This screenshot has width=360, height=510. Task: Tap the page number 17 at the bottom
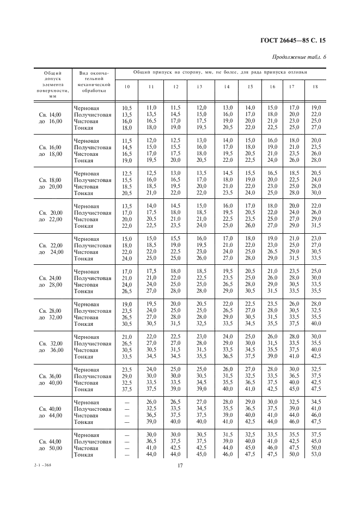pos(180,465)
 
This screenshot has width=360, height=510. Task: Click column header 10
pos(127,87)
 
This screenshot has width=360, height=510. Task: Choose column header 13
pos(200,87)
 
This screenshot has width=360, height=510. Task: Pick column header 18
pos(315,87)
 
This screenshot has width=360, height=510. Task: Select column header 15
pos(249,87)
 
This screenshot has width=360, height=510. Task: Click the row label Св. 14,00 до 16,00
pos(50,118)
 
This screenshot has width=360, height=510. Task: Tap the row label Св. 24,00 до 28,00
pos(50,281)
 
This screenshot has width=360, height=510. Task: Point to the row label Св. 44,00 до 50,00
pos(50,445)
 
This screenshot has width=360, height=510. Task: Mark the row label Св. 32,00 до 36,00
pos(50,347)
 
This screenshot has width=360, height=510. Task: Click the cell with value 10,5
pos(127,108)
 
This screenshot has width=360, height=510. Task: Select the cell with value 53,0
pos(315,454)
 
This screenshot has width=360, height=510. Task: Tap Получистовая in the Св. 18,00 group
pos(92,180)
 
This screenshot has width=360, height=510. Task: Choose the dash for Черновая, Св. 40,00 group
pos(127,402)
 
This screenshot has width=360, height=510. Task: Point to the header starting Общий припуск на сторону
pos(220,72)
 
